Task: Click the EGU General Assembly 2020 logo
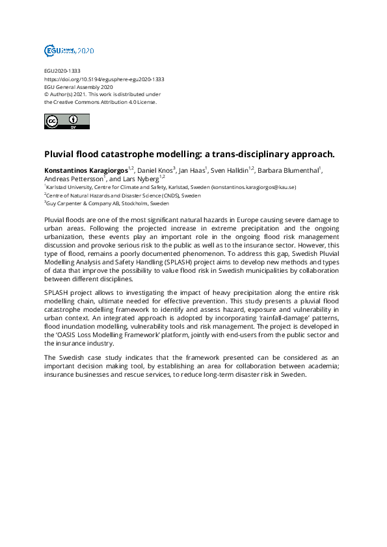[69, 50]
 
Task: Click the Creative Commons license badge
[67, 121]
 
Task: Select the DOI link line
[103, 79]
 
